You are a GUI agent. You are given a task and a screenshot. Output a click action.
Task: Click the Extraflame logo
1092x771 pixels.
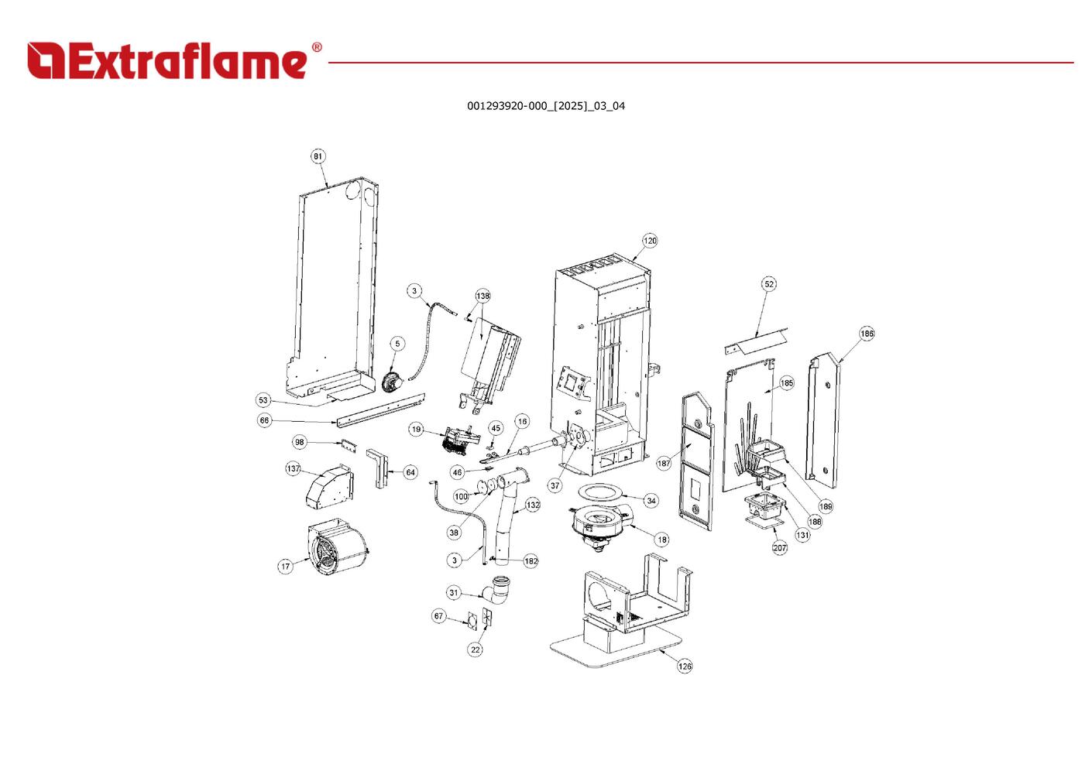(174, 60)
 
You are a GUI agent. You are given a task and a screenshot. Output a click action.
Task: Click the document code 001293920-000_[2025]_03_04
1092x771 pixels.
(545, 106)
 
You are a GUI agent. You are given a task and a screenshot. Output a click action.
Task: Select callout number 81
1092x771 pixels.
(318, 156)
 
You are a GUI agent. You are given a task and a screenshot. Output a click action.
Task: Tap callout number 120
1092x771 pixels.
(650, 241)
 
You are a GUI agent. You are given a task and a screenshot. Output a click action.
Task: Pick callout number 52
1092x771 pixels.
(769, 284)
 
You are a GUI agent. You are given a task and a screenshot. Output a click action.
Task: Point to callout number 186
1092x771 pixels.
(867, 334)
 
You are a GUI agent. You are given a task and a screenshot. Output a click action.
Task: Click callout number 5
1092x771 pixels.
(397, 344)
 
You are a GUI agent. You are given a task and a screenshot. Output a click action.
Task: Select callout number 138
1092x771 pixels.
(482, 296)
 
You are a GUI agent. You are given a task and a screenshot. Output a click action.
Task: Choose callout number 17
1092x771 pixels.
(286, 567)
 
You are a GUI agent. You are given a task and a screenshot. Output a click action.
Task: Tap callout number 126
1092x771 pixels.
(685, 666)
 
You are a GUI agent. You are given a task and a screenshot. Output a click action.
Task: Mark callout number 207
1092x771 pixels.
(780, 547)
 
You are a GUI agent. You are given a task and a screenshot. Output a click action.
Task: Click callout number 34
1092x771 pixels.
(651, 501)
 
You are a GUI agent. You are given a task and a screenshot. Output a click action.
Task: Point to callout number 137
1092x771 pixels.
(294, 468)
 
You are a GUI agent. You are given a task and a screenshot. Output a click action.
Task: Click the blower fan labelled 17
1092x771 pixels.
(337, 549)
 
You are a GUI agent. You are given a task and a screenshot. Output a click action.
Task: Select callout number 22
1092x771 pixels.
(476, 649)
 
